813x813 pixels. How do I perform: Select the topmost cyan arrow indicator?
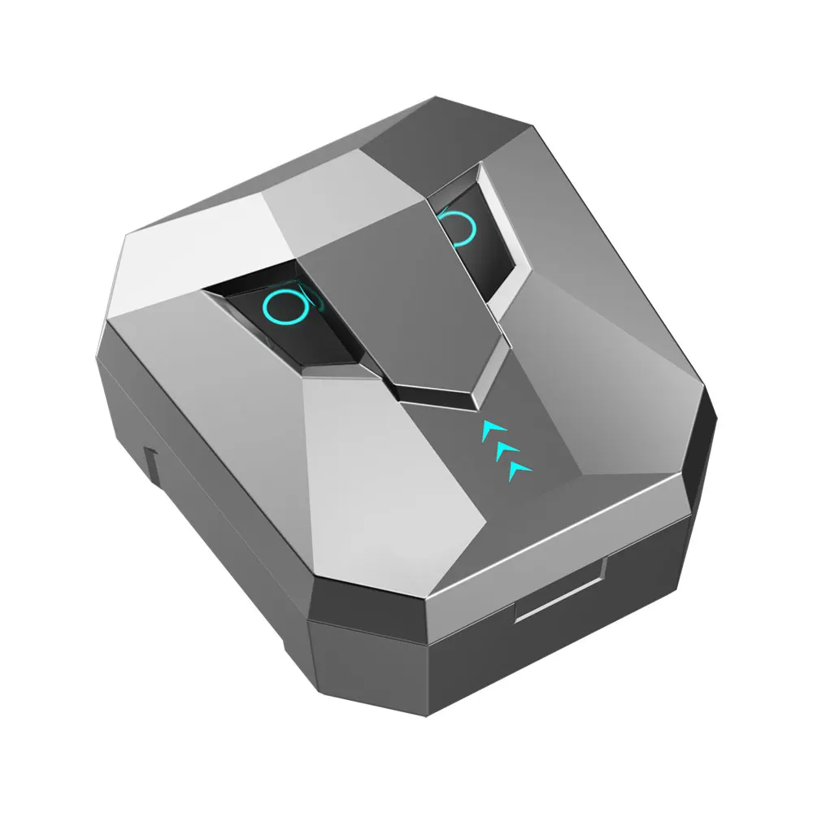click(x=493, y=428)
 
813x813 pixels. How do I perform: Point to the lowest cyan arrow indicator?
click(x=517, y=468)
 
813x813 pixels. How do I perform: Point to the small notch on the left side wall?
click(x=150, y=463)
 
